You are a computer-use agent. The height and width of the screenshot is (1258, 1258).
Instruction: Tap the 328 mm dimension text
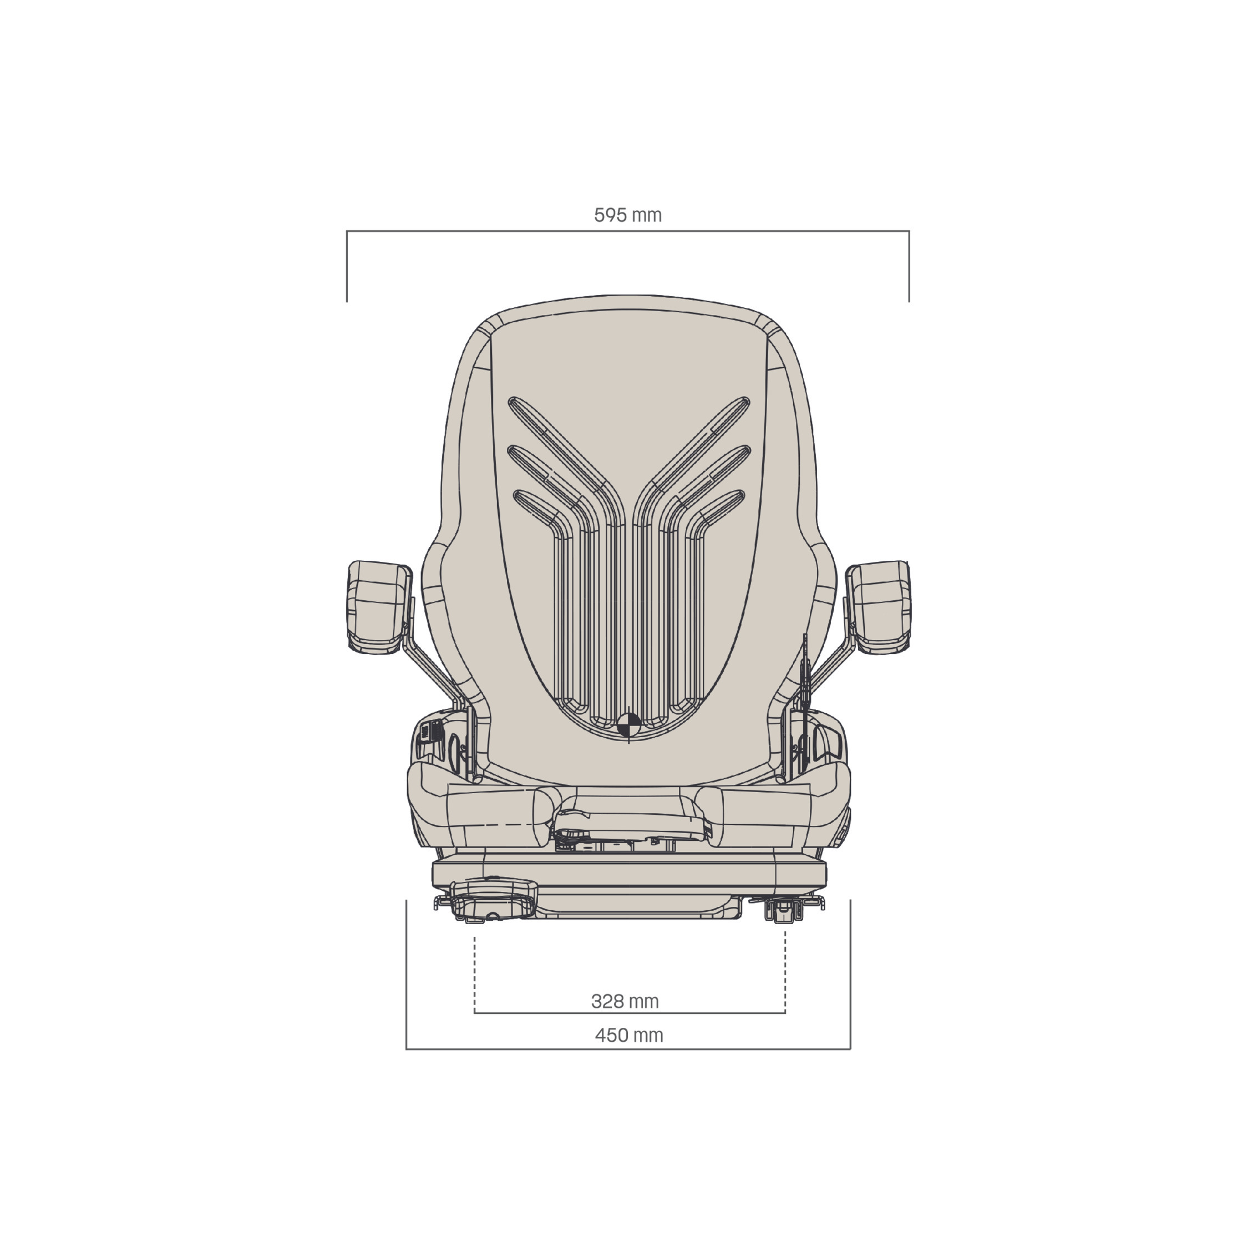tap(625, 1001)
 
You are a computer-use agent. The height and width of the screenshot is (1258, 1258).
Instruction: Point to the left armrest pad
tap(379, 607)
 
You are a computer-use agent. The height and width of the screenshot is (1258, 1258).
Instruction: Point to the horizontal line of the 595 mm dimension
tap(628, 231)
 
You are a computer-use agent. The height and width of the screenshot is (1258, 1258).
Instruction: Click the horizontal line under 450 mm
tap(628, 1049)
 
